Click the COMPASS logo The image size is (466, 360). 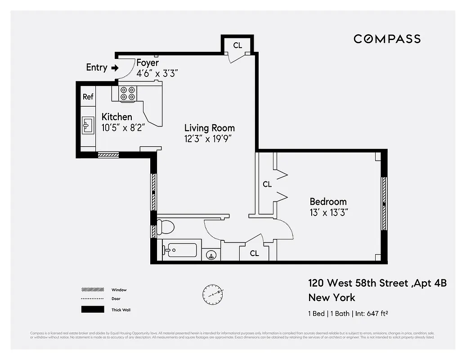tap(387, 39)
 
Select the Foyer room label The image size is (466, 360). tap(148, 63)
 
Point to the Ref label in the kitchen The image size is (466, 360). tap(88, 97)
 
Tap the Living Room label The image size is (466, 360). tap(210, 128)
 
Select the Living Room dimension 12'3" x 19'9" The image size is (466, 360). tap(210, 139)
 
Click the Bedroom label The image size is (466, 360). tap(328, 202)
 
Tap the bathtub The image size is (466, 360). tap(180, 250)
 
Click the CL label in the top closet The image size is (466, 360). tap(237, 45)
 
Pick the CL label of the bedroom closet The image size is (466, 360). tap(267, 184)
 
